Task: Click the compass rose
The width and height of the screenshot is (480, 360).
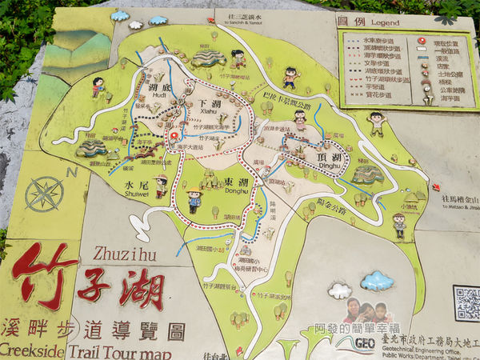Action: (45, 194)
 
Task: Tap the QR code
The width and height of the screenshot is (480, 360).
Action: (466, 303)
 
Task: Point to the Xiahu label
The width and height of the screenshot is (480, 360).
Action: (210, 114)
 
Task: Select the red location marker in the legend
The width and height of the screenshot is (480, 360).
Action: (421, 38)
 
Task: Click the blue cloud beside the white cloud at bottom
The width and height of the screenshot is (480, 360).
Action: (377, 281)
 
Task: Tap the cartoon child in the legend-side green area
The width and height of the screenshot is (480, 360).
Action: (376, 123)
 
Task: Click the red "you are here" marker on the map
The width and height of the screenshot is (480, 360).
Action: (174, 137)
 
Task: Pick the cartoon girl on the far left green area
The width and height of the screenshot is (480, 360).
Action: (98, 86)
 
